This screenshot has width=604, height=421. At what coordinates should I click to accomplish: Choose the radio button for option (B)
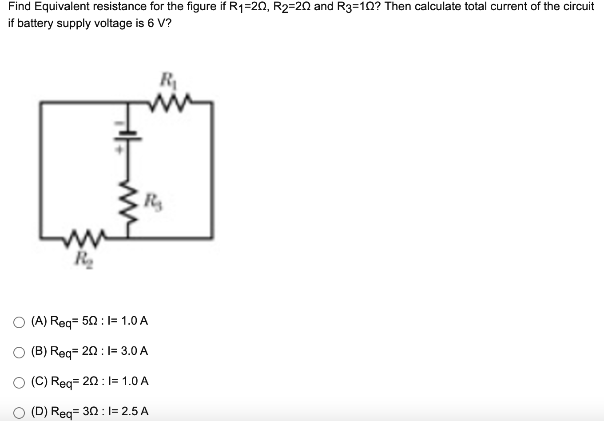coord(19,353)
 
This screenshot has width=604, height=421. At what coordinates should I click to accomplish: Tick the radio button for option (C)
coord(19,383)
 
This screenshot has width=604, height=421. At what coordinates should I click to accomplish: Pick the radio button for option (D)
coord(19,413)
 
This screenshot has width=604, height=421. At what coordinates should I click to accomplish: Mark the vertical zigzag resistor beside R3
coord(127,205)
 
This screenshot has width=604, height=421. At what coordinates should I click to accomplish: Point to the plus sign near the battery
coord(119,150)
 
